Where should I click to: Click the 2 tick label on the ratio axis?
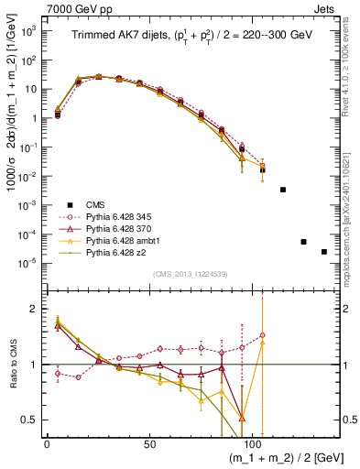32,310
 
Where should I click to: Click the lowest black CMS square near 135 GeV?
324,252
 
